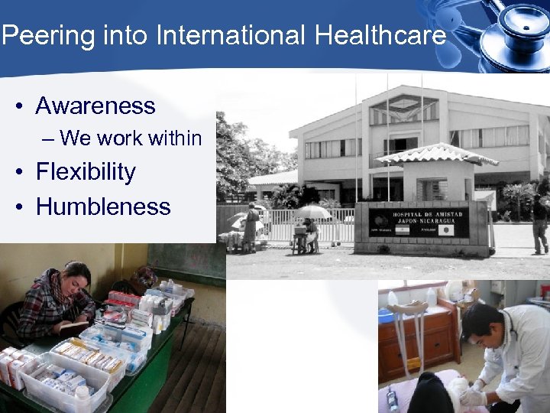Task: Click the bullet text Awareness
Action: [95, 106]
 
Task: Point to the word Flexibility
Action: [86, 171]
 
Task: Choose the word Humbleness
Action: [103, 206]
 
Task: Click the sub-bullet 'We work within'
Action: [131, 138]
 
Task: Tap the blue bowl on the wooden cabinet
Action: [387, 315]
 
